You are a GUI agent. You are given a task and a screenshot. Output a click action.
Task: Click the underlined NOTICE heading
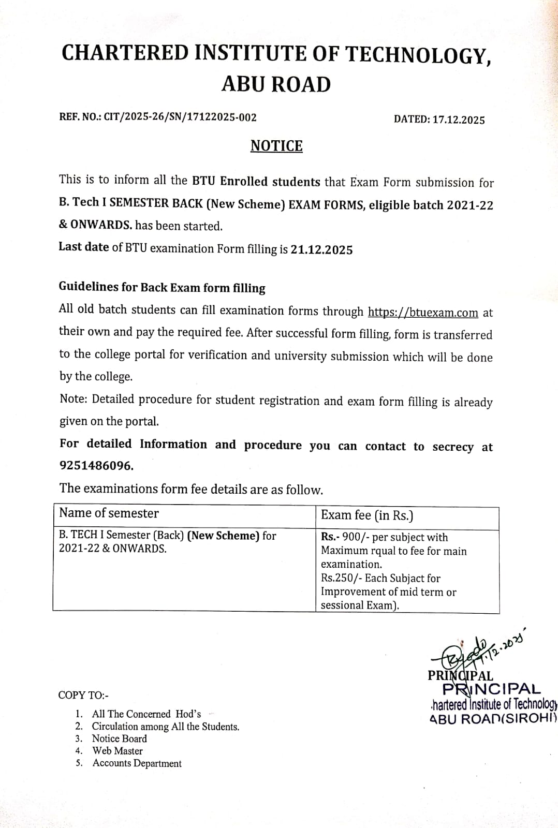tap(276, 146)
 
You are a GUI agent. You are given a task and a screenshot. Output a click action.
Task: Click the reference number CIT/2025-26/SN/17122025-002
tap(180, 117)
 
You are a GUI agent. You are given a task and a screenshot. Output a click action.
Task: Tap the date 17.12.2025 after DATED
tap(459, 120)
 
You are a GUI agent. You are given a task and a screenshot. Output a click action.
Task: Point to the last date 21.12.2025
tap(321, 250)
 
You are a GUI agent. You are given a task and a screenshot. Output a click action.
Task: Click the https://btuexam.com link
tap(423, 313)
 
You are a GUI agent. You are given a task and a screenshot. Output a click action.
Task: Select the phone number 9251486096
tap(96, 466)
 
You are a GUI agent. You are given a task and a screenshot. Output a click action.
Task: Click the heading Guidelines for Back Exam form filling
tap(162, 288)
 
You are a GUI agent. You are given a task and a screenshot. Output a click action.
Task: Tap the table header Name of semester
tap(109, 513)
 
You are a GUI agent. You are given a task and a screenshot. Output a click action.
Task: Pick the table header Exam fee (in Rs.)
tap(367, 515)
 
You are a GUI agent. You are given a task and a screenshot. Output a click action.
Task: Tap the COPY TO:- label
tap(83, 696)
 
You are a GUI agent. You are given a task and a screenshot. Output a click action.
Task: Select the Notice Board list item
tap(119, 738)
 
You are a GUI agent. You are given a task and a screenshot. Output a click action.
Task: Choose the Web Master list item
tap(118, 751)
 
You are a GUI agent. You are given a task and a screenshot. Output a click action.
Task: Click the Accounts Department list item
tap(137, 763)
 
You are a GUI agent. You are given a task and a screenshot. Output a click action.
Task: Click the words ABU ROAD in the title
tap(276, 84)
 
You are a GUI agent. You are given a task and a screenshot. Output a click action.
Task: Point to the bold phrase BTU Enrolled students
tap(256, 182)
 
